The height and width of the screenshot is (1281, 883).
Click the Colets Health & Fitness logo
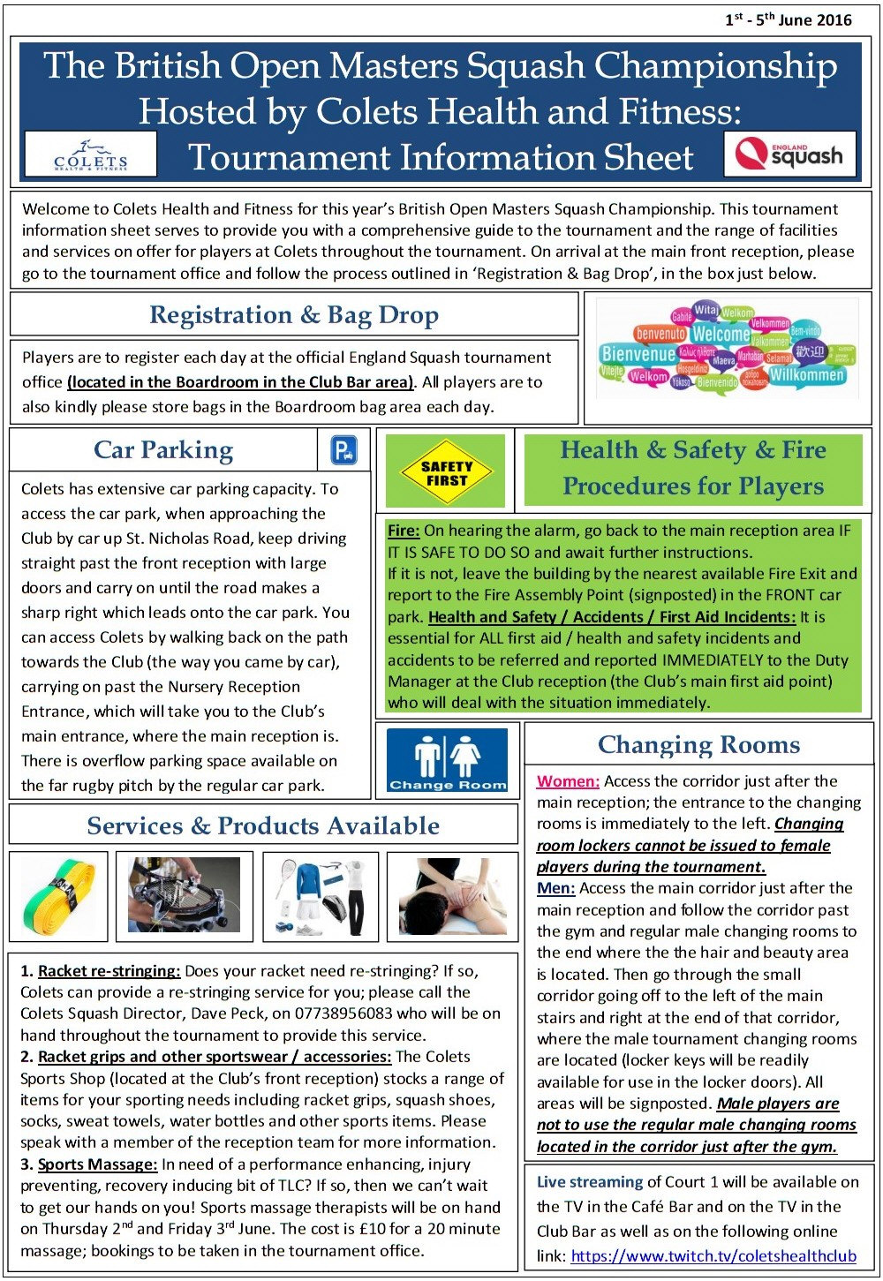pos(91,154)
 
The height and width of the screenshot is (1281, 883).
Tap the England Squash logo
pos(789,155)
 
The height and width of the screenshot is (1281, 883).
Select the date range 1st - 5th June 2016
pos(789,20)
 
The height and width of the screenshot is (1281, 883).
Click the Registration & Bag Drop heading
pos(294,315)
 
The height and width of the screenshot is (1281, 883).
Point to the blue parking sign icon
pos(343,450)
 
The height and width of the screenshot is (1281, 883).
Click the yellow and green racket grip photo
pos(59,895)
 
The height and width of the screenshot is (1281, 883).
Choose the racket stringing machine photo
pos(184,895)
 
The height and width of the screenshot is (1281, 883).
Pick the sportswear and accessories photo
pos(321,895)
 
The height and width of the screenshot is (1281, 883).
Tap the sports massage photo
pos(452,895)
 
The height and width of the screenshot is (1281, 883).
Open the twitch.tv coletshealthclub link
pos(713,1255)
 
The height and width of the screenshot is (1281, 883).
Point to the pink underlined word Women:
pos(568,781)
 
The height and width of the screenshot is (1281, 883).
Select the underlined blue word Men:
pos(555,888)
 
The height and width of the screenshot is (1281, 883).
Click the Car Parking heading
pos(163,450)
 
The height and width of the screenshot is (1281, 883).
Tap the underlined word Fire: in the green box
pos(404,531)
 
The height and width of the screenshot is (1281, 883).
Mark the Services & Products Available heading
pos(263,825)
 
